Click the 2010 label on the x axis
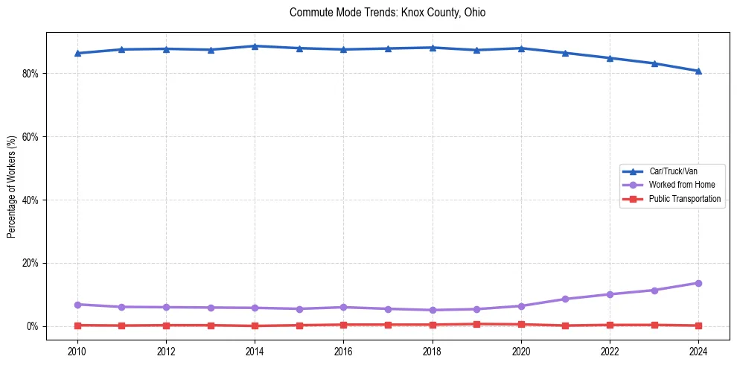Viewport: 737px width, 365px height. click(77, 350)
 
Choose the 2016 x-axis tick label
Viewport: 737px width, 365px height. click(343, 350)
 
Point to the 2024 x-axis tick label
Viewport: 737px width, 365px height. click(698, 350)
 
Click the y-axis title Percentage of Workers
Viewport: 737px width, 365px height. click(12, 186)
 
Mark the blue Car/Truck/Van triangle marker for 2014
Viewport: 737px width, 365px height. click(255, 46)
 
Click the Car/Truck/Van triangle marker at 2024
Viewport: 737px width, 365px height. click(698, 71)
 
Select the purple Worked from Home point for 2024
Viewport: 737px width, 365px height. click(698, 283)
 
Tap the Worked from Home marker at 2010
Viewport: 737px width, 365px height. click(77, 305)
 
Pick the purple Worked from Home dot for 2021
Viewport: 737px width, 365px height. click(565, 299)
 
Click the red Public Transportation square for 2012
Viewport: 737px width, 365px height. click(166, 326)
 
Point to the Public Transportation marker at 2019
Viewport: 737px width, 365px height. click(476, 324)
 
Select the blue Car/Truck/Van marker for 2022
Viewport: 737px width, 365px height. click(610, 58)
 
